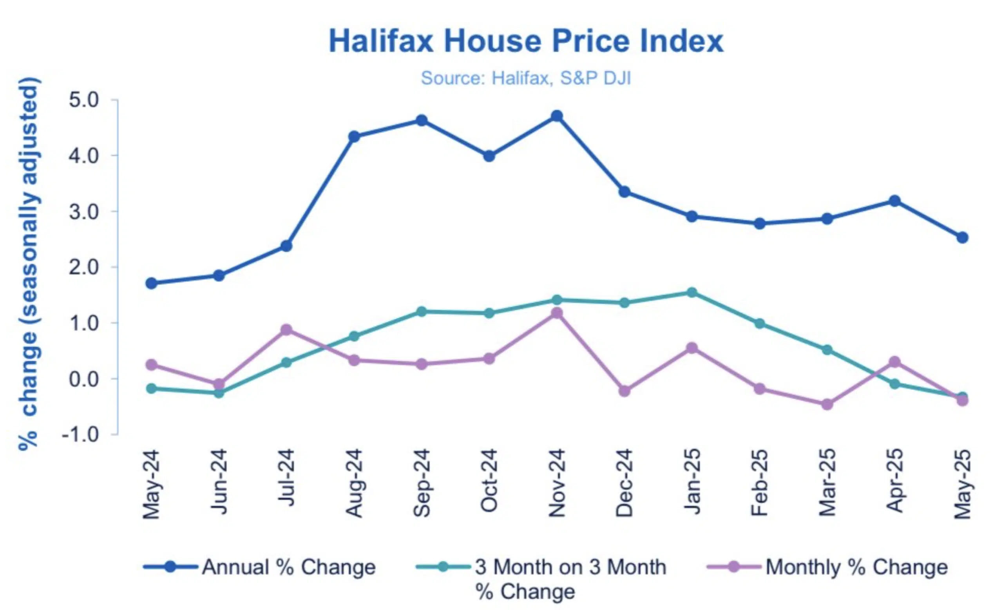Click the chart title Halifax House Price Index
pyautogui.click(x=525, y=41)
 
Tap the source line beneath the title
pyautogui.click(x=525, y=78)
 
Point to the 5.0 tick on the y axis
pyautogui.click(x=84, y=100)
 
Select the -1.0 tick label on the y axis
pyautogui.click(x=81, y=434)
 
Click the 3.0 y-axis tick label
pyautogui.click(x=84, y=212)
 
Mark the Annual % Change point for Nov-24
pyautogui.click(x=556, y=116)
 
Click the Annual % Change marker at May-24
pyautogui.click(x=151, y=283)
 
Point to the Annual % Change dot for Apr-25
pyautogui.click(x=894, y=201)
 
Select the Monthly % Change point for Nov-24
pyautogui.click(x=556, y=313)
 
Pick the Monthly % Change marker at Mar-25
pyautogui.click(x=827, y=404)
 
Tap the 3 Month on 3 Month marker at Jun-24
pyautogui.click(x=219, y=393)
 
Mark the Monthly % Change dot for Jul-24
pyautogui.click(x=286, y=329)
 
